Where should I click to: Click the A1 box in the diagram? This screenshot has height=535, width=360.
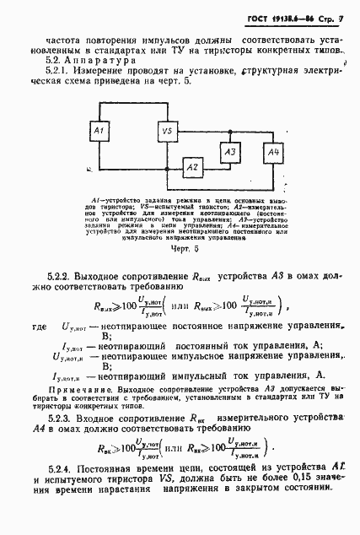99,132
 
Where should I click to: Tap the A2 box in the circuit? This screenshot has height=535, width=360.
191,168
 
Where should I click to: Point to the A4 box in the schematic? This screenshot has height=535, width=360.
271,152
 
